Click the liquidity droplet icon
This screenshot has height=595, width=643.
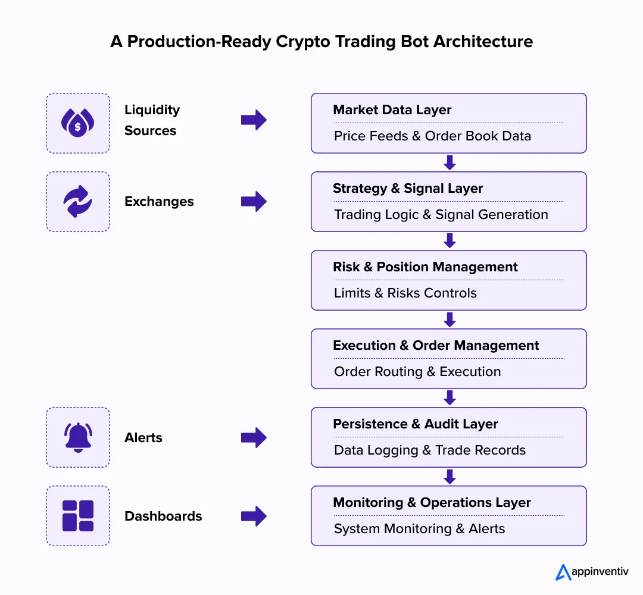pyautogui.click(x=77, y=123)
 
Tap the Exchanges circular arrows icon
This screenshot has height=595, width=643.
pyautogui.click(x=77, y=202)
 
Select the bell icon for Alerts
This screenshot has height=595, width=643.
pyautogui.click(x=77, y=437)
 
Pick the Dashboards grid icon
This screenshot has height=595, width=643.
pyautogui.click(x=77, y=516)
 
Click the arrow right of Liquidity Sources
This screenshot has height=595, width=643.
pyautogui.click(x=254, y=120)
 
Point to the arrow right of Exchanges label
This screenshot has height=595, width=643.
pyautogui.click(x=254, y=202)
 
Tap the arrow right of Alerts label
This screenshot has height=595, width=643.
pyautogui.click(x=254, y=438)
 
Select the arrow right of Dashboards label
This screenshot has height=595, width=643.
pyautogui.click(x=254, y=516)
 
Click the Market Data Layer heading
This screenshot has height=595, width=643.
pyautogui.click(x=392, y=110)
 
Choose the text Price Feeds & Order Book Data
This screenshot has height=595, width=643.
pyautogui.click(x=432, y=136)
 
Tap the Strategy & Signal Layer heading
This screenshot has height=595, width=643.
pyautogui.click(x=408, y=189)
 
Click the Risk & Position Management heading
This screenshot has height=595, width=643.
pyautogui.click(x=425, y=267)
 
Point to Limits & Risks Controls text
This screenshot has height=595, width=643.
pyautogui.click(x=405, y=293)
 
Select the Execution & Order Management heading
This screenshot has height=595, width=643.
pyautogui.click(x=436, y=346)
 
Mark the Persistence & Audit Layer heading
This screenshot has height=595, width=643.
pyautogui.click(x=415, y=424)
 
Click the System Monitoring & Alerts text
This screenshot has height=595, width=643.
pyautogui.click(x=419, y=528)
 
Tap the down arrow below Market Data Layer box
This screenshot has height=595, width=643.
pyautogui.click(x=450, y=162)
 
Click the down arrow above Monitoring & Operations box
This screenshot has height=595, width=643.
pyautogui.click(x=450, y=477)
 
